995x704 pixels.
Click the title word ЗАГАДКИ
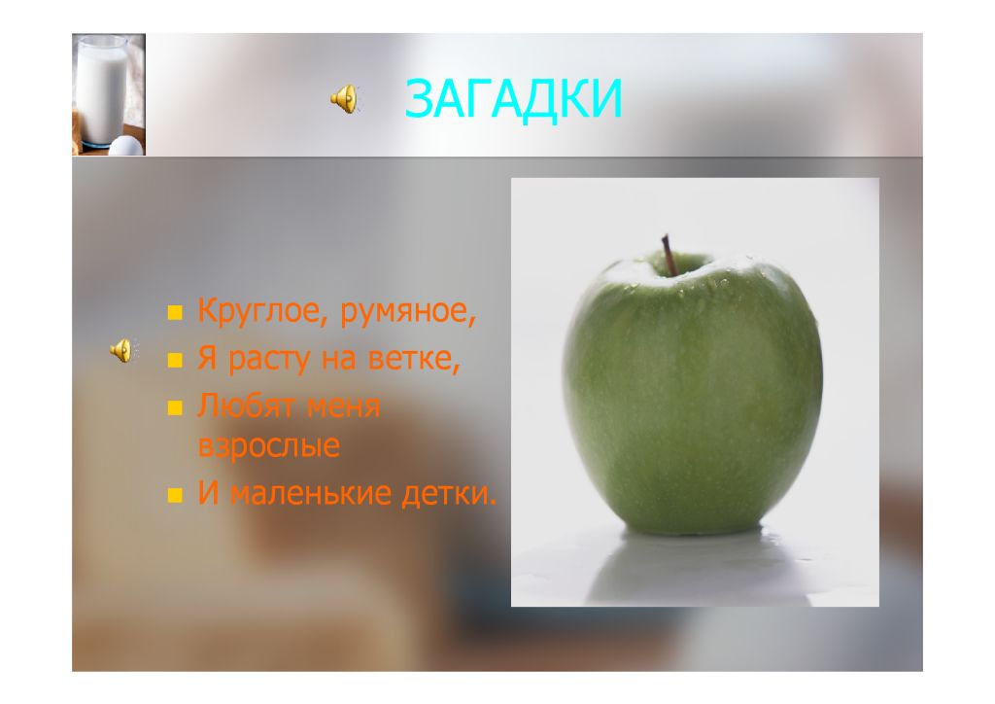(513, 98)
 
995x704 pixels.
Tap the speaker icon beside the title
(345, 99)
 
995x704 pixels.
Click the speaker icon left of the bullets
(122, 350)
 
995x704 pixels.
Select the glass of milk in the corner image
(101, 90)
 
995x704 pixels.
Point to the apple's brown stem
(669, 255)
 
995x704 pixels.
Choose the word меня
(343, 406)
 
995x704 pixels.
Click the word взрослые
(269, 446)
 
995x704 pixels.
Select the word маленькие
(310, 493)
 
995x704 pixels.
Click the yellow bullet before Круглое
(175, 312)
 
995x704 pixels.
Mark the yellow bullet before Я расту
(175, 361)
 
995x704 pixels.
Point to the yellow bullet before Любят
(175, 407)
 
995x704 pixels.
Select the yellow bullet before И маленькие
(175, 495)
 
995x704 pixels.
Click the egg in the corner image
(126, 146)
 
